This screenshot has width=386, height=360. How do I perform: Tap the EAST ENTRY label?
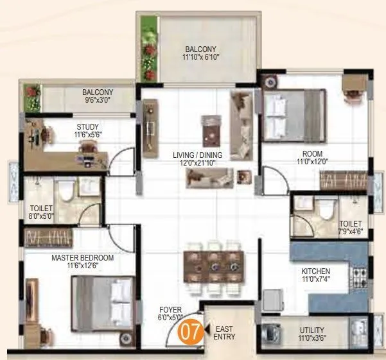pyautogui.click(x=225, y=332)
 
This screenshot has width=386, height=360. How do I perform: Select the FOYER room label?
pyautogui.click(x=171, y=309)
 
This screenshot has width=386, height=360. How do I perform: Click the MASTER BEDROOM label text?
pyautogui.click(x=82, y=257)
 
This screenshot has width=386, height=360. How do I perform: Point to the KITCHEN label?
pyautogui.click(x=316, y=271)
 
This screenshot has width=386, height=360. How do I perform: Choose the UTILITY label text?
pyautogui.click(x=311, y=330)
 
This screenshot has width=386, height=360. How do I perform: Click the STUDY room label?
pyautogui.click(x=87, y=126)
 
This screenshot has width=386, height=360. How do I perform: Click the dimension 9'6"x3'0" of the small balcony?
pyautogui.click(x=97, y=100)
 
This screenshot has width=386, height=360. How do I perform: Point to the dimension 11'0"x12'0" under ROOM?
pyautogui.click(x=312, y=162)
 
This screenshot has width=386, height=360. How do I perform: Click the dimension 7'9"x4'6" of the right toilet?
pyautogui.click(x=351, y=231)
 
